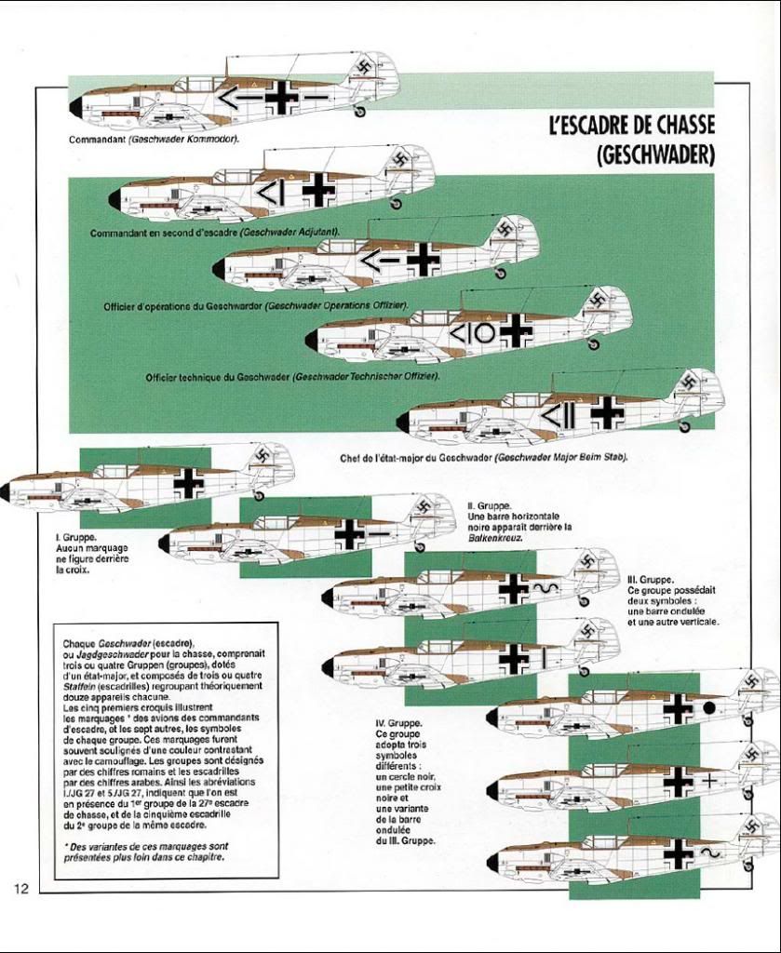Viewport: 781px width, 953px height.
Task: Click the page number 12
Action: pyautogui.click(x=21, y=888)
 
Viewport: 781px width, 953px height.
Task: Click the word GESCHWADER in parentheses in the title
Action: pyautogui.click(x=655, y=153)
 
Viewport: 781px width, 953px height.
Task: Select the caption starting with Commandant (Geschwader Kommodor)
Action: pyautogui.click(x=154, y=140)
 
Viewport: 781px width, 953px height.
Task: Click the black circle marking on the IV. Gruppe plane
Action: pyautogui.click(x=708, y=708)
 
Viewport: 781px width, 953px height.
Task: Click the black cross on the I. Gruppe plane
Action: pyautogui.click(x=189, y=482)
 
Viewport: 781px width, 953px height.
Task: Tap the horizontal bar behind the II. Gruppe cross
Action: pyautogui.click(x=378, y=534)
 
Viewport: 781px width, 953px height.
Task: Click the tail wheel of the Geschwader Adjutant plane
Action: pyautogui.click(x=397, y=202)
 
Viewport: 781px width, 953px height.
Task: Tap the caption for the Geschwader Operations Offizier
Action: pyautogui.click(x=256, y=305)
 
